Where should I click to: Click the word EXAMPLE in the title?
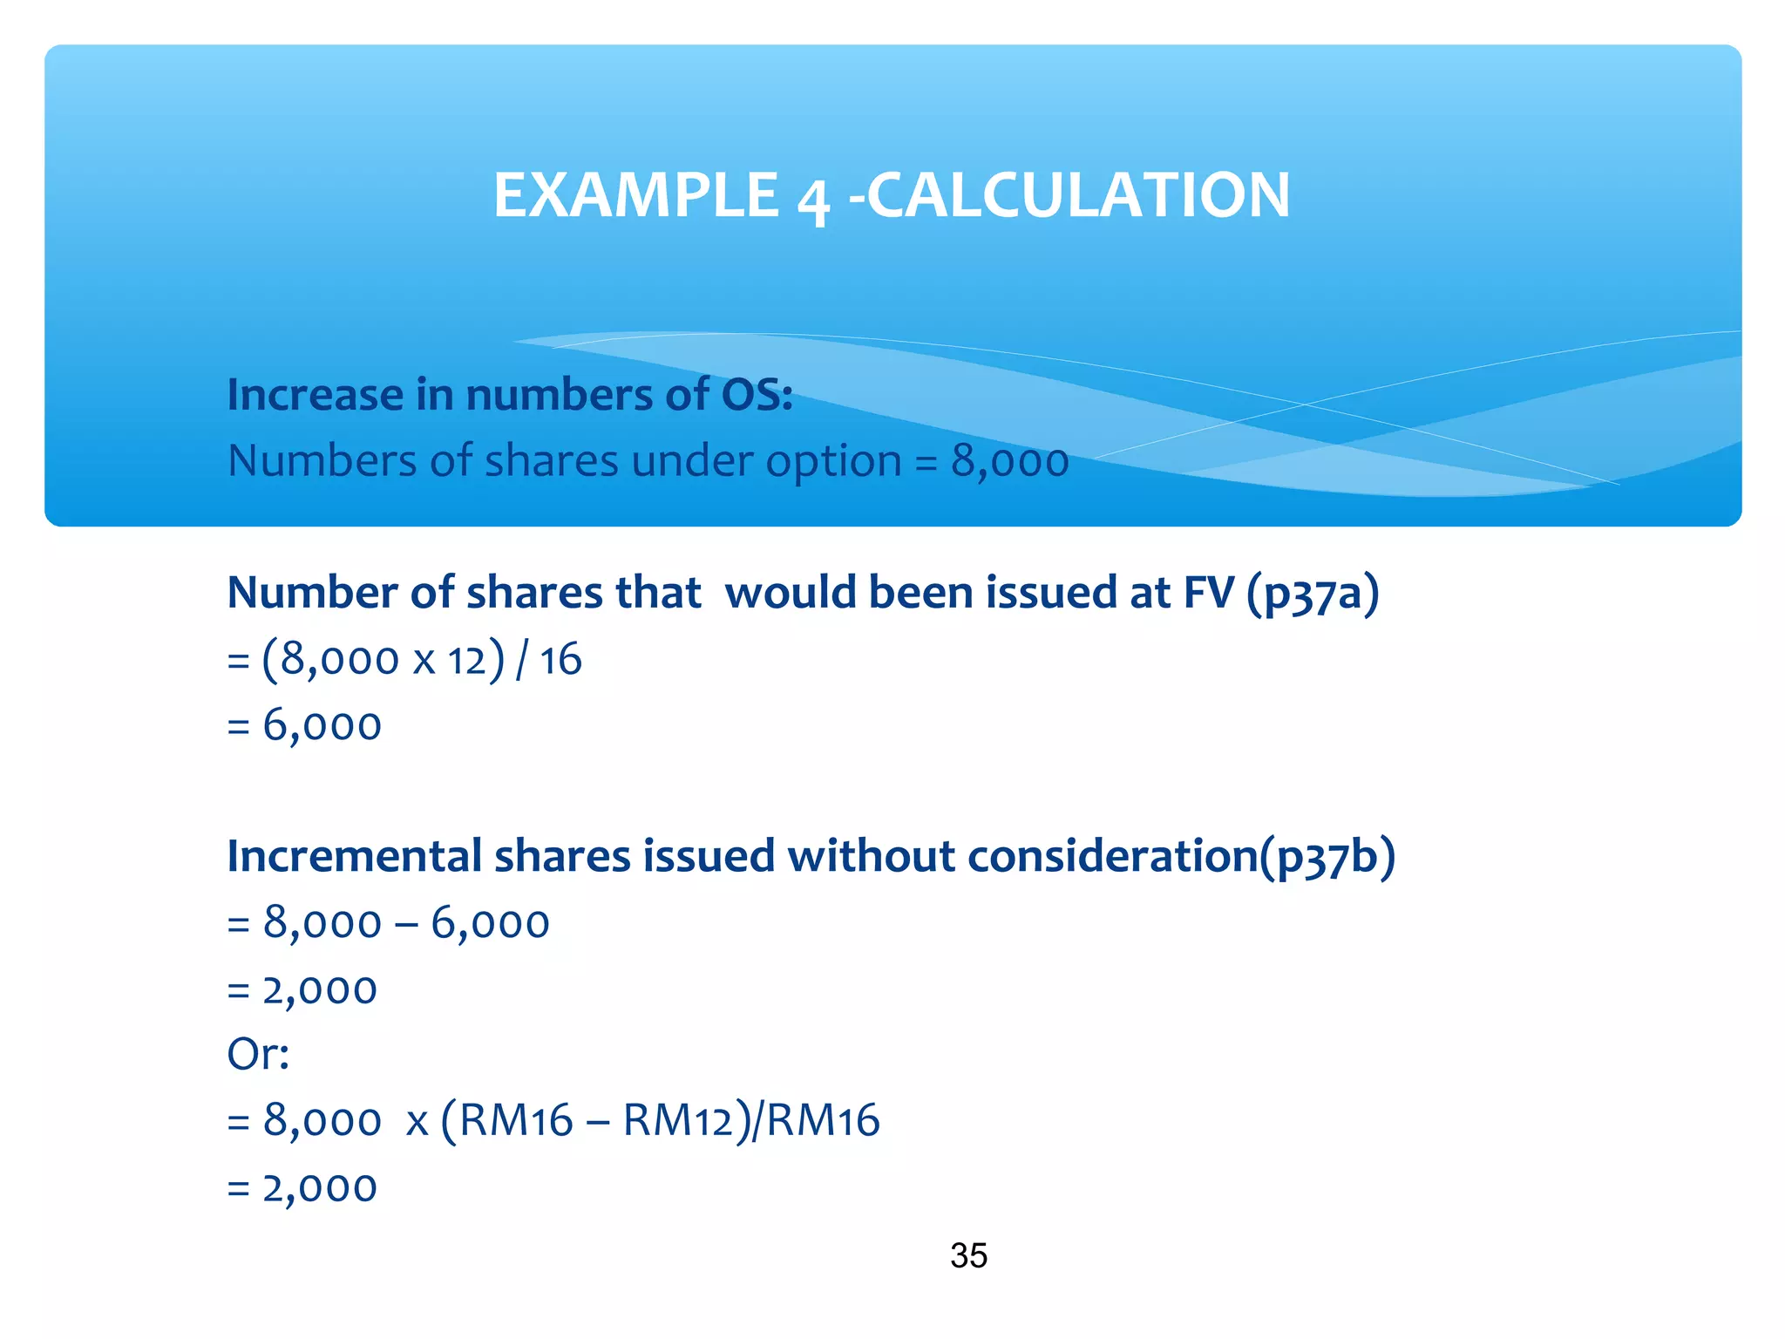coord(635,194)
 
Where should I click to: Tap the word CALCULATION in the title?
coord(1079,194)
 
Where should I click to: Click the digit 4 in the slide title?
coord(812,199)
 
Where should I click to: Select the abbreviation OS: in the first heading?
coord(757,394)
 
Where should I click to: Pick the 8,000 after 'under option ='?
coord(1009,461)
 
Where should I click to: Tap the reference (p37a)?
coord(1313,594)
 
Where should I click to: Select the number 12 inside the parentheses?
coord(466,660)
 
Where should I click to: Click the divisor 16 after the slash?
coord(560,660)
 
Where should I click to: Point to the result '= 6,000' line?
coord(304,725)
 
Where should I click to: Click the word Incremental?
coord(354,856)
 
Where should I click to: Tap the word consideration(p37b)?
coord(1181,856)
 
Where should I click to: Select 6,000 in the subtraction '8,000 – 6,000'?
coord(490,923)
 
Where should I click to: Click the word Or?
coord(258,1054)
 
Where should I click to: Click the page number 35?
coord(968,1255)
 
